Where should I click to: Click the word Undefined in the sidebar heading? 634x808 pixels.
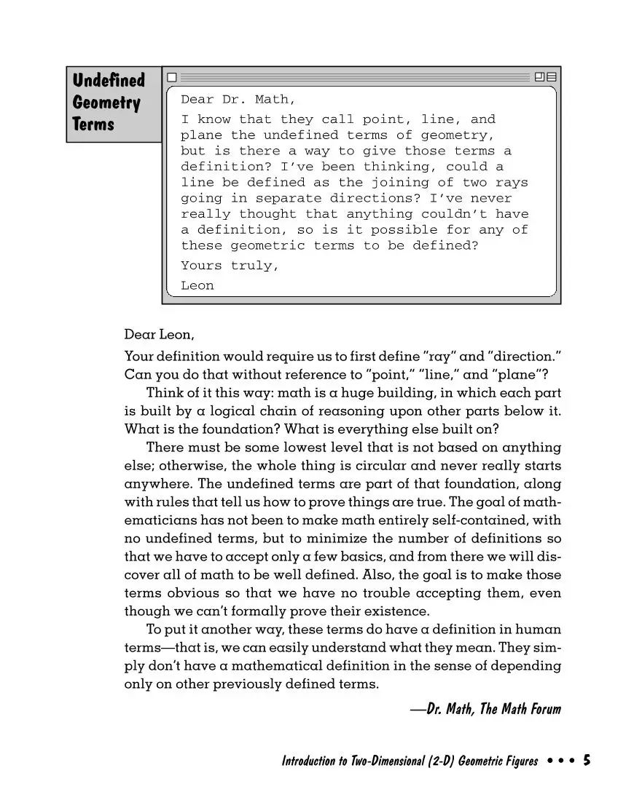pos(109,80)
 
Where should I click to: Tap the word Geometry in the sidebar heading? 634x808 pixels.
pos(106,102)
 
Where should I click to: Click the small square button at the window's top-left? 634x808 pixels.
pos(171,76)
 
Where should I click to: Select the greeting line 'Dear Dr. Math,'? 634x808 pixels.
pos(238,100)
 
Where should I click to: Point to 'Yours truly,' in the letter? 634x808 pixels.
pos(230,266)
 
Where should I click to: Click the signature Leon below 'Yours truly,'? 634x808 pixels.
pos(197,285)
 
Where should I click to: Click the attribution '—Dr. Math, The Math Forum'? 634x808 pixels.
pos(485,708)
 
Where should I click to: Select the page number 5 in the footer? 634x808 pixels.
pos(587,761)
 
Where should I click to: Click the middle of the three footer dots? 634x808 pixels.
pos(560,761)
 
